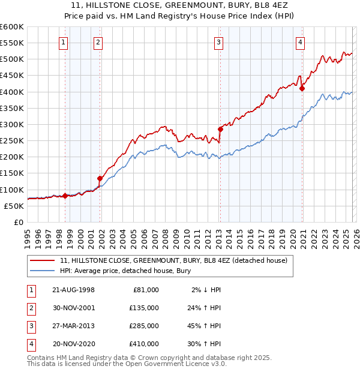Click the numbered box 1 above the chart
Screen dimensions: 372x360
click(x=64, y=42)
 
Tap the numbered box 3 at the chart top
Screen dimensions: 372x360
click(x=219, y=42)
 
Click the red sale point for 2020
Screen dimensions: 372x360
click(x=302, y=89)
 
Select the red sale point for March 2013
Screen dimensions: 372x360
click(x=220, y=129)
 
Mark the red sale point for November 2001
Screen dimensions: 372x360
click(x=100, y=178)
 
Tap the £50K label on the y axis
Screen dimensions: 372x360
click(x=13, y=206)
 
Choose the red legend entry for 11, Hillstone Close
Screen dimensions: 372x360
click(x=174, y=260)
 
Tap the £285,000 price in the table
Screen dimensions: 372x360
click(x=143, y=328)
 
